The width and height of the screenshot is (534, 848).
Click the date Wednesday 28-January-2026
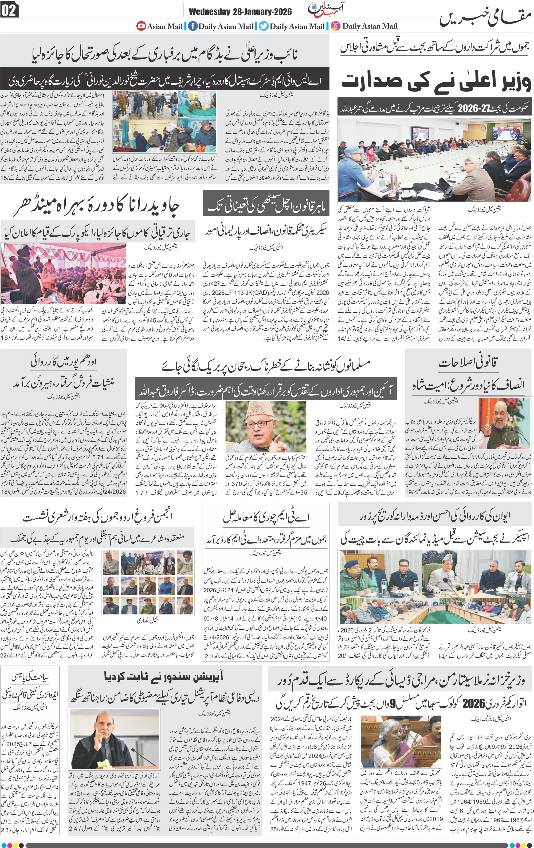[240, 12]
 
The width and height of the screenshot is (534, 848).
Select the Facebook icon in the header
[193, 26]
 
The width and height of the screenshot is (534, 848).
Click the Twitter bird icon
[263, 26]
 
